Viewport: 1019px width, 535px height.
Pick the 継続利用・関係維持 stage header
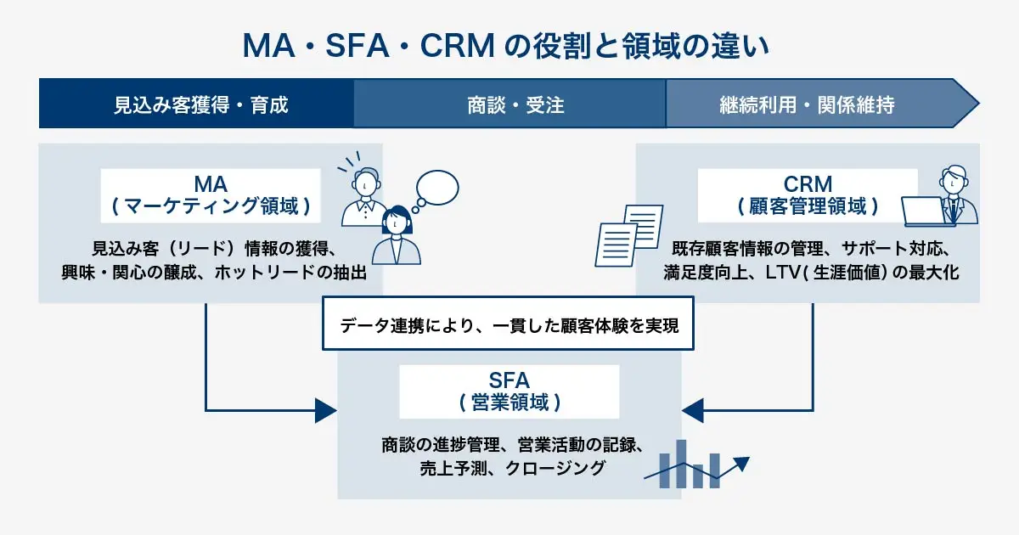pos(807,104)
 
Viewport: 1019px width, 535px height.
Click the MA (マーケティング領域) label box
pos(211,195)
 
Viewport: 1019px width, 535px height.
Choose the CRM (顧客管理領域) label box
pos(808,195)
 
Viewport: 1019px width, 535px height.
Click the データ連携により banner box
pos(509,324)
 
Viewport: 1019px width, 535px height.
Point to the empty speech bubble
pos(439,189)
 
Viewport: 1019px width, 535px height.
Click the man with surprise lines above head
pos(363,196)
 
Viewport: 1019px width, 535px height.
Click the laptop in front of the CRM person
pos(926,211)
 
